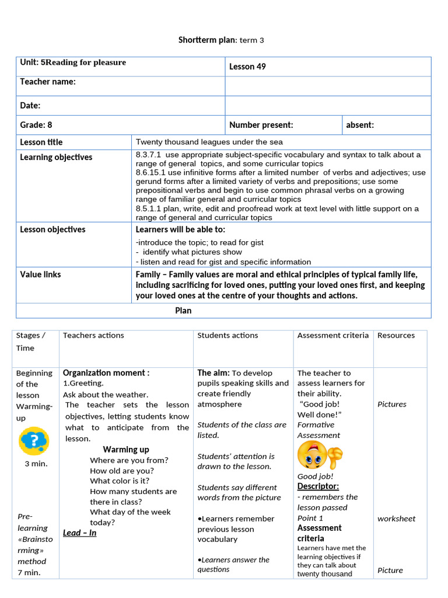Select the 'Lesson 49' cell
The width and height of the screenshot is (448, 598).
pos(247,67)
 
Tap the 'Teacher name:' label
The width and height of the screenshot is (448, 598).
pos(48,82)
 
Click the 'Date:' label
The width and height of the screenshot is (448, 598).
pos(30,106)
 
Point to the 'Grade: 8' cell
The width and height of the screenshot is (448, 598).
pos(36,125)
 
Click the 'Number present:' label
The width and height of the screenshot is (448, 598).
pos(261,125)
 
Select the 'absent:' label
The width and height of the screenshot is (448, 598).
pos(360,125)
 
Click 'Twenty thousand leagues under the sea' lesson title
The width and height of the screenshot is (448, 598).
pos(209,142)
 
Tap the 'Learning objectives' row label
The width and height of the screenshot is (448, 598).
pos(56,157)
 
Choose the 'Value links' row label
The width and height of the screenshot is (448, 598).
pos(40,274)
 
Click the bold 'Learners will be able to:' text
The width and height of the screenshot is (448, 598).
pos(180,230)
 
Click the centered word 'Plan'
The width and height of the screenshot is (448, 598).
pos(183,311)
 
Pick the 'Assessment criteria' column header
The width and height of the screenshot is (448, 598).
pos(332,335)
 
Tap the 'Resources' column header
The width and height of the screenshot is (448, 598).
pos(396,335)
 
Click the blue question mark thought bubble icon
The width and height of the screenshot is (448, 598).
pos(34,441)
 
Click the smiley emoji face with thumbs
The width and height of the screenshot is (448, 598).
pos(319,456)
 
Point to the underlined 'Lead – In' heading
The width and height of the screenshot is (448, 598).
pos(80,533)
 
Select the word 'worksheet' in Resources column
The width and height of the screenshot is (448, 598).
pos(396,519)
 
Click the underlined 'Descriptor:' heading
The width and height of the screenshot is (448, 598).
pos(318,486)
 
